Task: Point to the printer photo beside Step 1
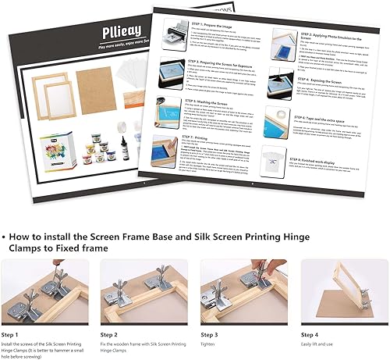[177, 33]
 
